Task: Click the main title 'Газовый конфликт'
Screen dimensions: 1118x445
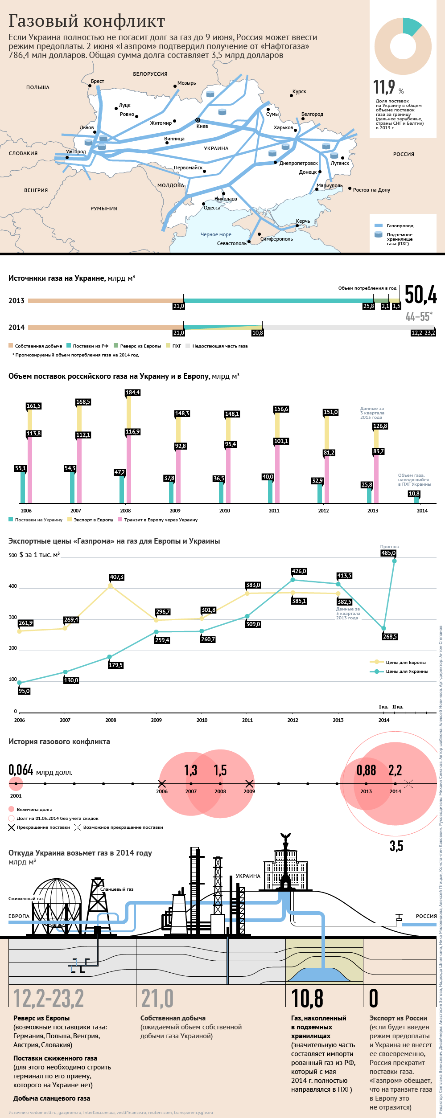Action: [87, 21]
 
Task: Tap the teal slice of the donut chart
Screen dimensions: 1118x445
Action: [411, 26]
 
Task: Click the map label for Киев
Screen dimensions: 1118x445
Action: [202, 127]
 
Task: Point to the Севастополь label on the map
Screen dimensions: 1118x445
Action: [231, 243]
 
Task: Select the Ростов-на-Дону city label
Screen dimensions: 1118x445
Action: [371, 190]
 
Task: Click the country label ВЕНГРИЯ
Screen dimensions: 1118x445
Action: [36, 190]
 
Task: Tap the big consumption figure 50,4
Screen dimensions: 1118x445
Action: [420, 295]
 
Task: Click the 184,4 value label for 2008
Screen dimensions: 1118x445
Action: [132, 393]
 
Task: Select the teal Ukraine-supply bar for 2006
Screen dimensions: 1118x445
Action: [23, 487]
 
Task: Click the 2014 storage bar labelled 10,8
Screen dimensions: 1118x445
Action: [416, 500]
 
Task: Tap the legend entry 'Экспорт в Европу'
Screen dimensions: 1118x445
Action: [93, 520]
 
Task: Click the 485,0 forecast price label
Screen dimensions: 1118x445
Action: [388, 553]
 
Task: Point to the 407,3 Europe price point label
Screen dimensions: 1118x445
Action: [116, 577]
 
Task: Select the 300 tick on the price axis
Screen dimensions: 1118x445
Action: [12, 617]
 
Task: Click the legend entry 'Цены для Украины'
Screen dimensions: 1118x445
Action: [407, 671]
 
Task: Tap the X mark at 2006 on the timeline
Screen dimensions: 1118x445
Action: [162, 783]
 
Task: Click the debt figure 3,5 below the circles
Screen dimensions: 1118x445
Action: [396, 846]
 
